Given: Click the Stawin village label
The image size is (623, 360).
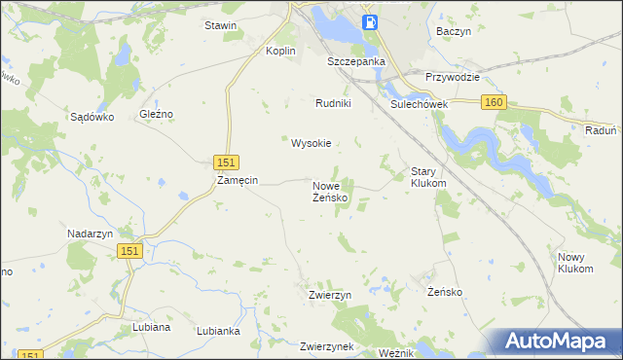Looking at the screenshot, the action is (x=220, y=25).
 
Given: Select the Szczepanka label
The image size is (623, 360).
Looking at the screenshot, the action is (x=356, y=60).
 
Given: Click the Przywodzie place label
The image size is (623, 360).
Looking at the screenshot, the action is (x=454, y=77).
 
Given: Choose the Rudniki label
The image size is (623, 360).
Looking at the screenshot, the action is (x=333, y=103).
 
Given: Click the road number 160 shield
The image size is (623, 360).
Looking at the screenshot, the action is (x=495, y=102).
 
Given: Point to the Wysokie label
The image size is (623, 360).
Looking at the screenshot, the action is (x=311, y=143).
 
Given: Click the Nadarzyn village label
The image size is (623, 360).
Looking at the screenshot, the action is (x=92, y=234).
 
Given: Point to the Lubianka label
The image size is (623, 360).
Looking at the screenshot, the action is (x=218, y=331).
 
